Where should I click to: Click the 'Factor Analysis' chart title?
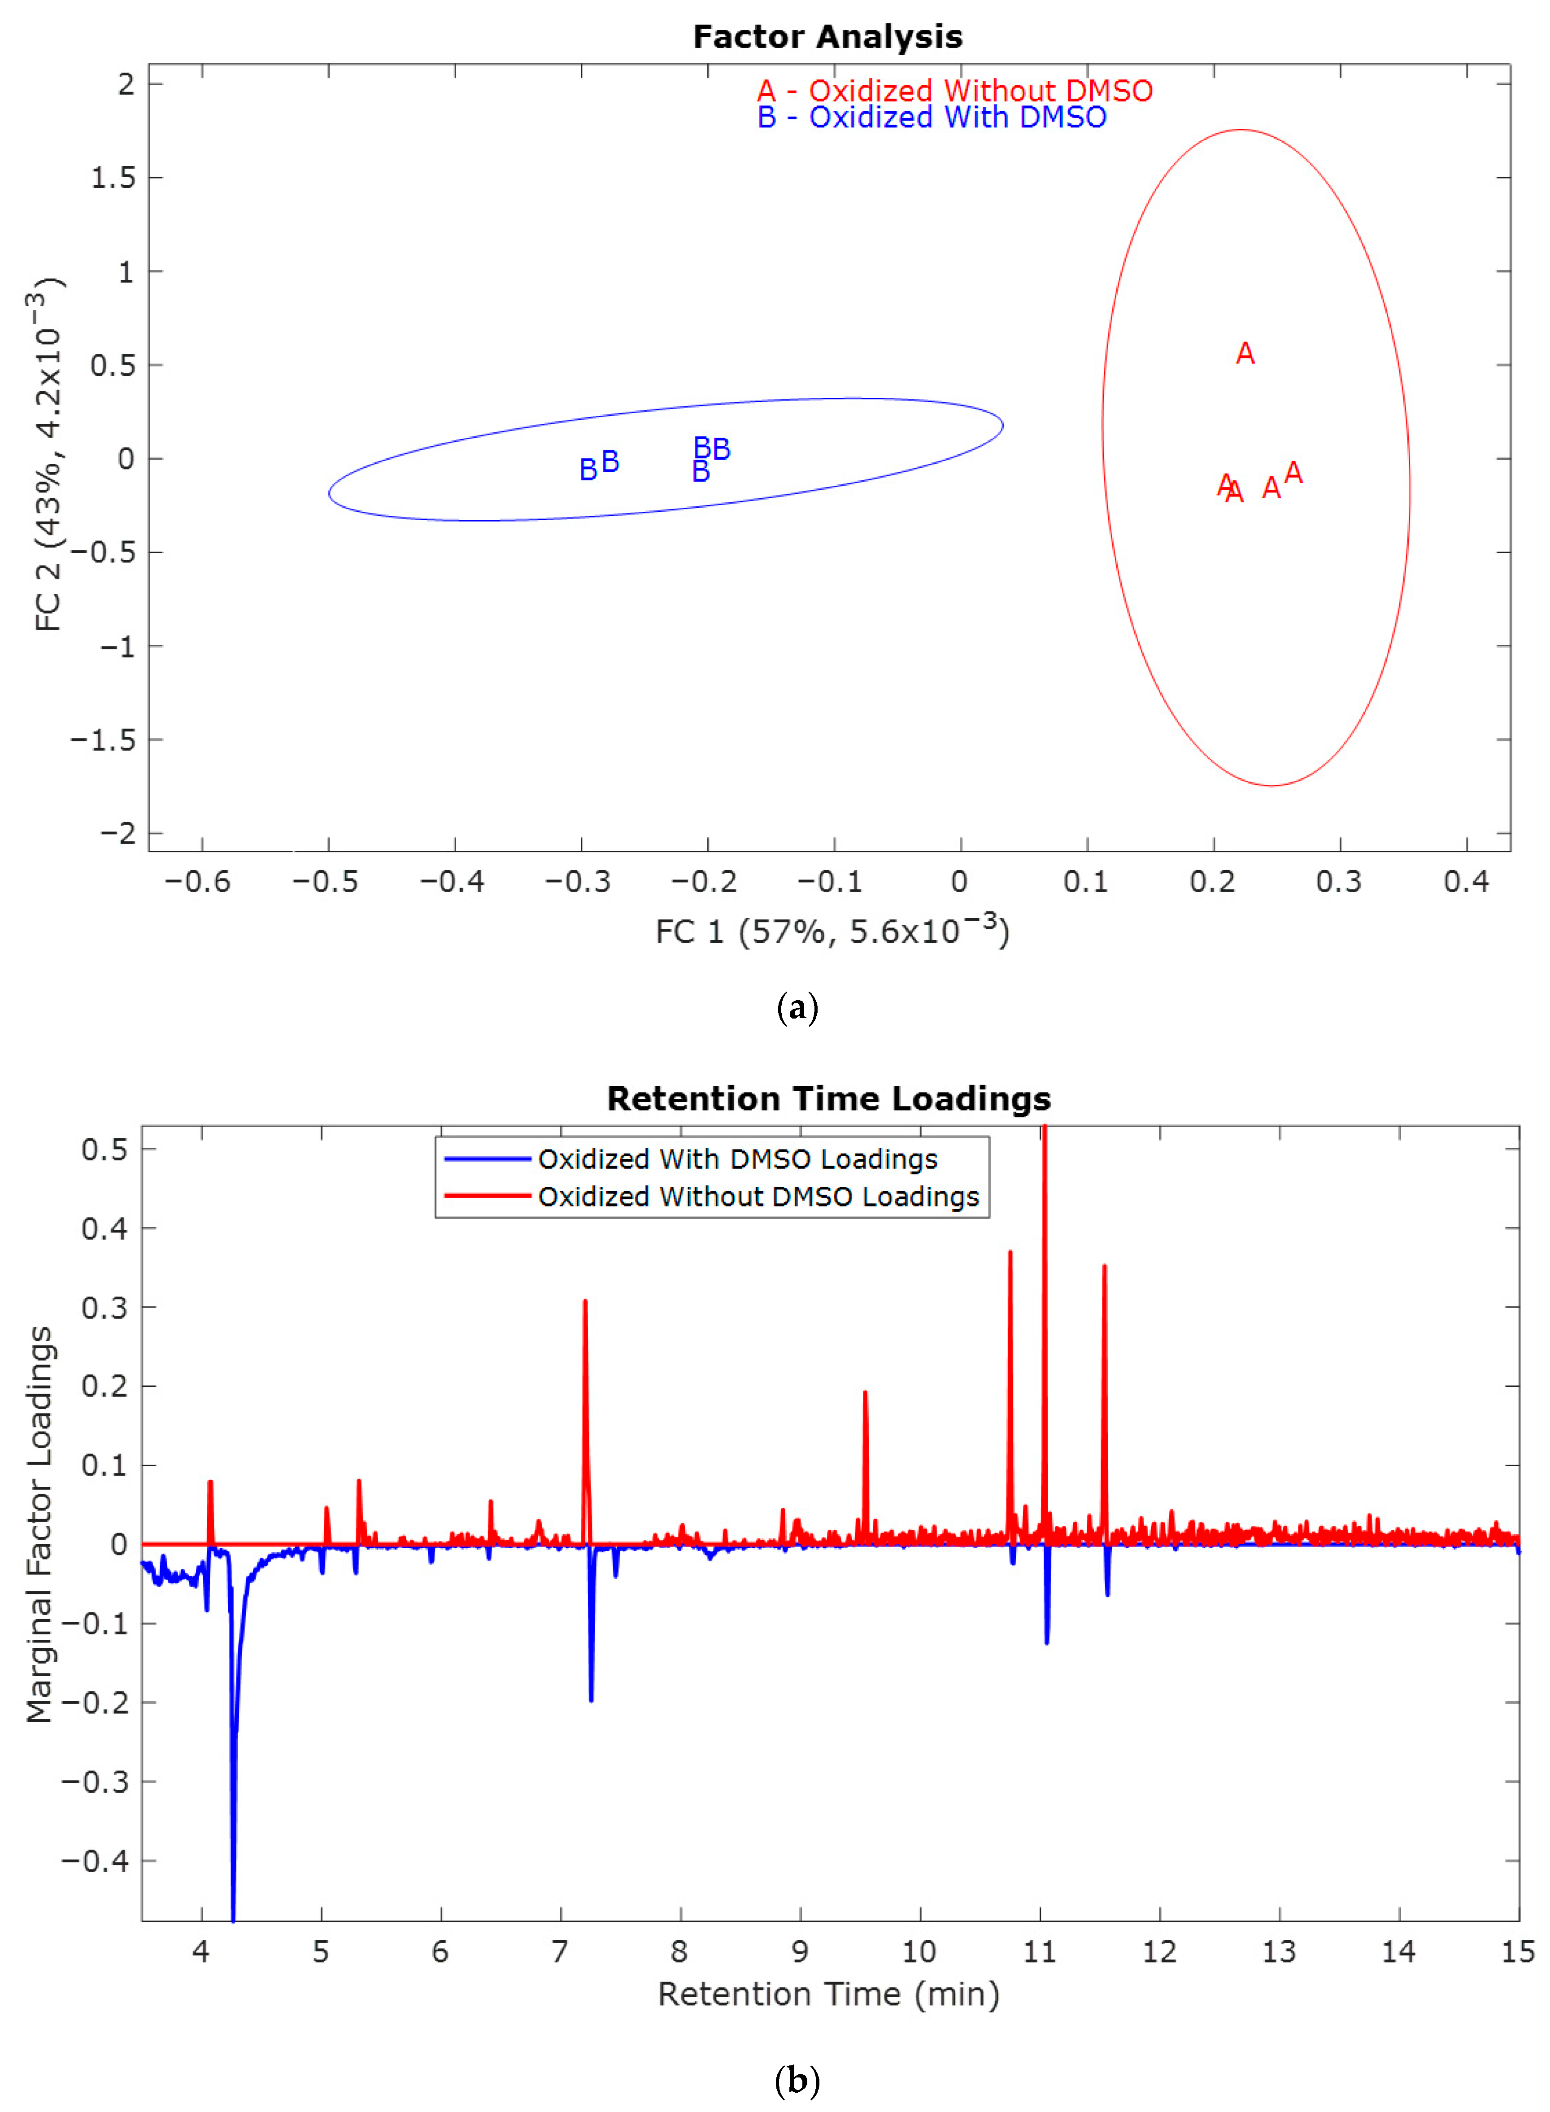click(827, 37)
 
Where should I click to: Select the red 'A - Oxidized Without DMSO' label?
click(954, 91)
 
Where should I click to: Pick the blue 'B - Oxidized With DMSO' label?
click(932, 117)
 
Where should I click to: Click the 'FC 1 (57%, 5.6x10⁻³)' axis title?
click(832, 932)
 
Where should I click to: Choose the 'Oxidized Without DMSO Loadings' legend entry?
click(758, 1196)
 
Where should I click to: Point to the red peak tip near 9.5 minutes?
click(865, 1392)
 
